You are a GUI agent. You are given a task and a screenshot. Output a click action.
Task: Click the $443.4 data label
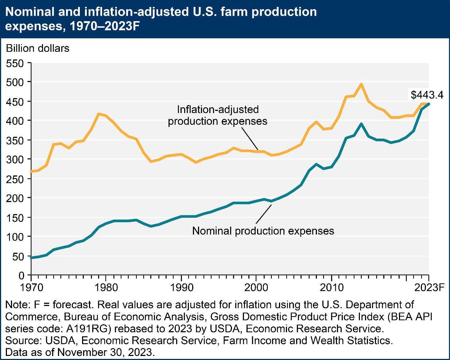427,95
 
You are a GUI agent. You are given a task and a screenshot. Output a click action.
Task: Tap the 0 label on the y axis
22,275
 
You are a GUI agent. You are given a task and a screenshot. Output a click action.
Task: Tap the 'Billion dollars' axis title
38,48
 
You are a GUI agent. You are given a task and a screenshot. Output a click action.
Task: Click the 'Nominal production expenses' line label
263,231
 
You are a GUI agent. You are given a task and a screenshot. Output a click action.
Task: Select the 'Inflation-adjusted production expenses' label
218,115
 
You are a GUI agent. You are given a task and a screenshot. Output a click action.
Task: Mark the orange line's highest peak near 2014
361,84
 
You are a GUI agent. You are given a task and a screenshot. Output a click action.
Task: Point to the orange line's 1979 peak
98,114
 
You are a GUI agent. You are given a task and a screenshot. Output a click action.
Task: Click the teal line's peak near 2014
361,124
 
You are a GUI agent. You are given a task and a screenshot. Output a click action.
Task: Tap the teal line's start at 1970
32,258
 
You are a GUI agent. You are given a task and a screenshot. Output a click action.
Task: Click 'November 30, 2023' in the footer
104,352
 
